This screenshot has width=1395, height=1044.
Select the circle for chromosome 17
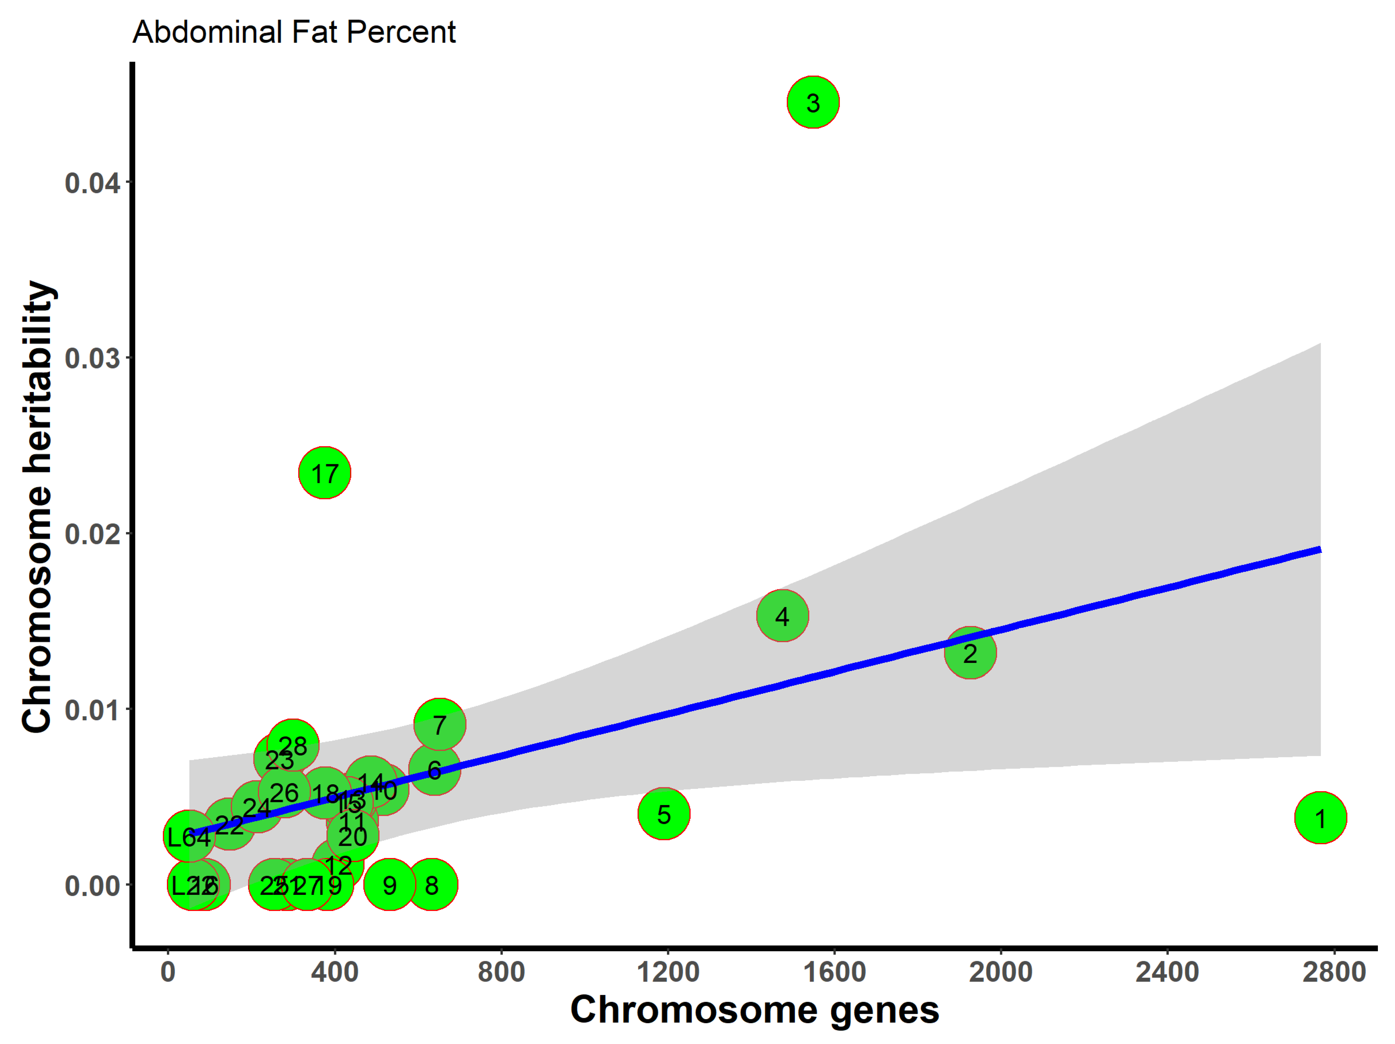[x=324, y=473]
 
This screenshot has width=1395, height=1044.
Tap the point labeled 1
[x=1321, y=818]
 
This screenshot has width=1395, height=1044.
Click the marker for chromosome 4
[x=782, y=616]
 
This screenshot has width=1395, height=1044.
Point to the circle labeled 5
[x=664, y=814]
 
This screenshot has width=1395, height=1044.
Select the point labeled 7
[x=439, y=724]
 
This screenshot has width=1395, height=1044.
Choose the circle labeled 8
[x=431, y=884]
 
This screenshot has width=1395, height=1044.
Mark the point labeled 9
[x=390, y=884]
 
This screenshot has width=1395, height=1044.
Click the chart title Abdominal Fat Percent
[x=294, y=32]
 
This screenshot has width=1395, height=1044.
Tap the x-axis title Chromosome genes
[x=754, y=1009]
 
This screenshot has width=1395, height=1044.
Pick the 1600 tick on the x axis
[x=834, y=972]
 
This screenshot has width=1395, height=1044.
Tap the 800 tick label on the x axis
[x=501, y=972]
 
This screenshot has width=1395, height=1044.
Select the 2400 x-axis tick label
[x=1167, y=972]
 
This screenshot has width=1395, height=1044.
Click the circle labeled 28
[x=293, y=745]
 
